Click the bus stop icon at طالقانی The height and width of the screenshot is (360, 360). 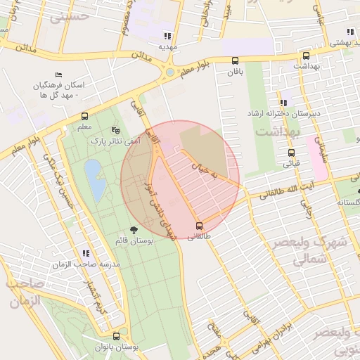pyautogui.click(x=199, y=226)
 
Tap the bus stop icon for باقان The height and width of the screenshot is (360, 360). pyautogui.click(x=234, y=60)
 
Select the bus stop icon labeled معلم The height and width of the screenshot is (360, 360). pyautogui.click(x=84, y=116)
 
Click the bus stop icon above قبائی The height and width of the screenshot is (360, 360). pyautogui.click(x=291, y=153)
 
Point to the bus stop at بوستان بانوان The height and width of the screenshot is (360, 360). pyautogui.click(x=116, y=336)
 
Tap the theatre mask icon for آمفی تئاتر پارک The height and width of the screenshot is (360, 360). pyautogui.click(x=116, y=131)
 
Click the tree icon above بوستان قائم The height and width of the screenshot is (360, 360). pyautogui.click(x=134, y=229)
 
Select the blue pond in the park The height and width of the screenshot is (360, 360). pyautogui.click(x=93, y=173)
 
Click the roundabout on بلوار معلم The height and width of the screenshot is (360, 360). pyautogui.click(x=169, y=72)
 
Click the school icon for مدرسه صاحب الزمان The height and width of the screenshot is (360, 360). pyautogui.click(x=86, y=252)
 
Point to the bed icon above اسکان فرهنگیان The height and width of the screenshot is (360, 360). pyautogui.click(x=58, y=75)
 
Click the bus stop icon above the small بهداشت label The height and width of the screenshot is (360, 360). pyautogui.click(x=305, y=56)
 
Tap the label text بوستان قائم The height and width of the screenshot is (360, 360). pyautogui.click(x=134, y=241)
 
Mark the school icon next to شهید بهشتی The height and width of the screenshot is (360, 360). pyautogui.click(x=350, y=32)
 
